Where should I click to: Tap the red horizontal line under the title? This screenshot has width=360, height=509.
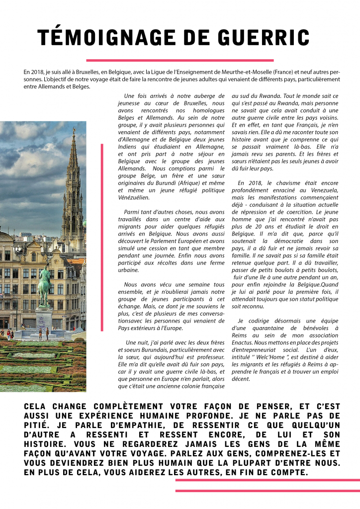180,60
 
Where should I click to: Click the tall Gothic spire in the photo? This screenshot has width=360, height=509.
73,184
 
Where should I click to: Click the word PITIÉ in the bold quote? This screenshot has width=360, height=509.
39,425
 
